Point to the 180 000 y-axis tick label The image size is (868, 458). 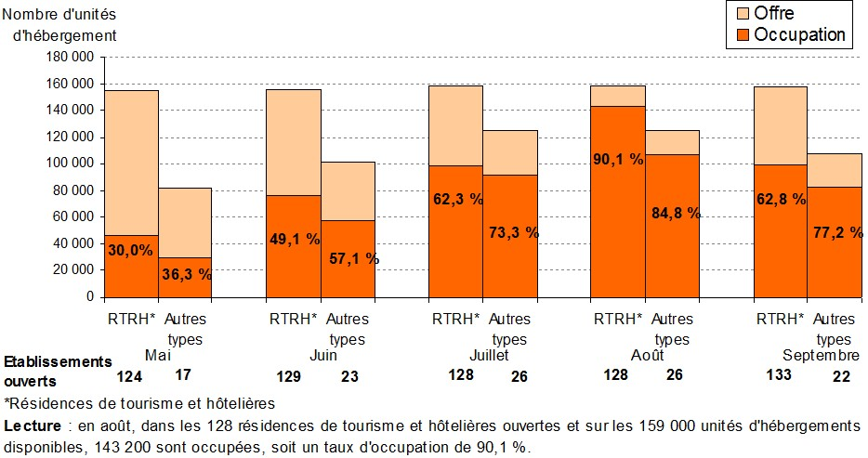click(x=70, y=57)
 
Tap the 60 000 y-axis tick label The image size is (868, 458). click(x=73, y=216)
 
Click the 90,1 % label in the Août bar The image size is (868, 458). click(x=618, y=159)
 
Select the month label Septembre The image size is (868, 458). click(x=821, y=356)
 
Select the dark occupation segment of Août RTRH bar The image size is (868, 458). click(x=618, y=214)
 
